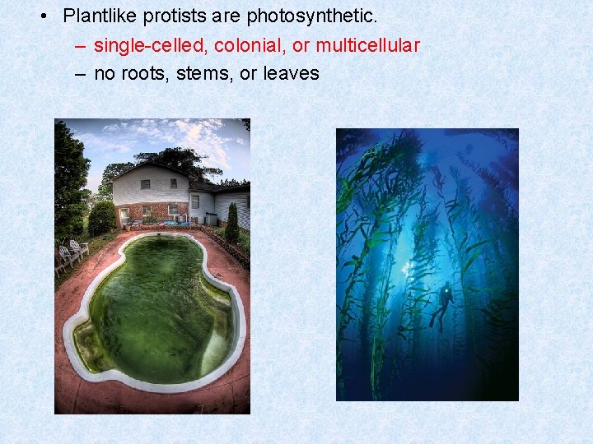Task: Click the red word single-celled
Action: click(x=151, y=45)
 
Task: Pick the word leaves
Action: click(x=291, y=74)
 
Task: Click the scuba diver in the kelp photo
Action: click(x=444, y=304)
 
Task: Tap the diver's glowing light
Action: click(x=447, y=289)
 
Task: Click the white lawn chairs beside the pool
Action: click(x=72, y=252)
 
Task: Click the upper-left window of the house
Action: click(x=145, y=184)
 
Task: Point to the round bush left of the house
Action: click(x=102, y=218)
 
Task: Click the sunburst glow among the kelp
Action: click(x=408, y=267)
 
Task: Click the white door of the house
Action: click(x=124, y=215)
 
